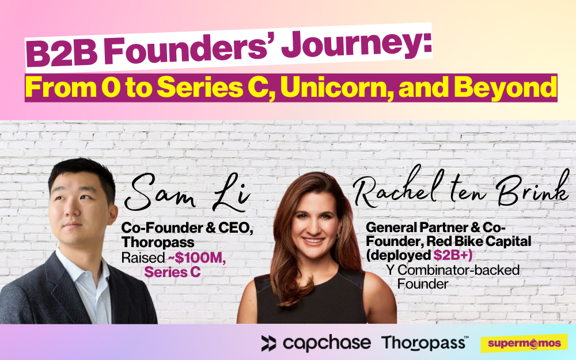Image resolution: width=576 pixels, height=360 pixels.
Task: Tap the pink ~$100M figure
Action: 195,258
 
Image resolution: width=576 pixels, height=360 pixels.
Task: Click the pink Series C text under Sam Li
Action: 172,272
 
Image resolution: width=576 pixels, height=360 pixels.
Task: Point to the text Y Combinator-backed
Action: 453,270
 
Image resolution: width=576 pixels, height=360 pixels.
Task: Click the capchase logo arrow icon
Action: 268,343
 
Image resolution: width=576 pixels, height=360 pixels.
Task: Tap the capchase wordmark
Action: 327,343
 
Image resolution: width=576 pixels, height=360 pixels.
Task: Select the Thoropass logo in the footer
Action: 425,343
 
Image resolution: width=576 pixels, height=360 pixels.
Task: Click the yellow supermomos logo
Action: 524,343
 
